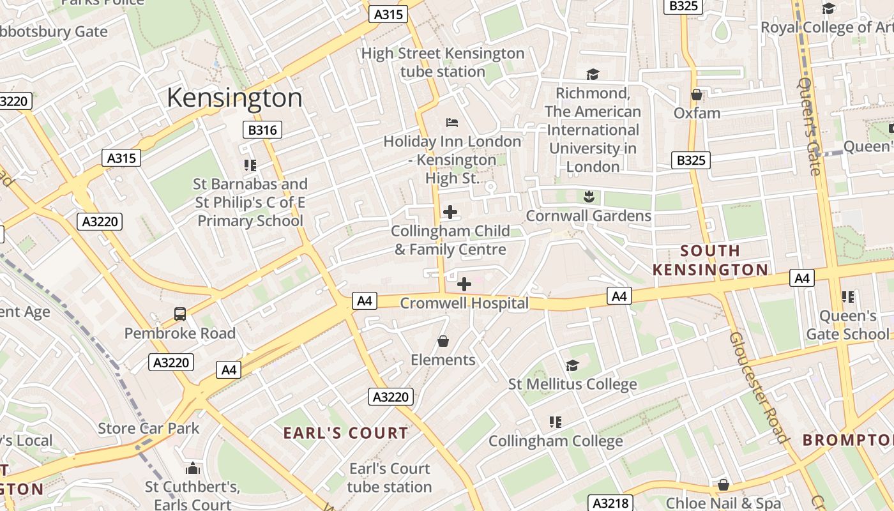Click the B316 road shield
click(x=262, y=130)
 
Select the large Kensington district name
click(x=234, y=98)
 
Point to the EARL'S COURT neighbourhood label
click(x=345, y=433)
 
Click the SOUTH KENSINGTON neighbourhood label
click(x=710, y=260)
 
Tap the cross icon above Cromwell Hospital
click(x=464, y=284)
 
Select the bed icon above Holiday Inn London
click(x=452, y=122)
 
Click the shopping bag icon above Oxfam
click(x=697, y=95)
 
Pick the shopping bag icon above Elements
click(x=443, y=342)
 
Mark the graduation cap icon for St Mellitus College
click(x=572, y=365)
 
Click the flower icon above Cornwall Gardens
click(x=589, y=196)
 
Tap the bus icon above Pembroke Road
click(x=180, y=314)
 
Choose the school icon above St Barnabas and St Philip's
click(x=250, y=165)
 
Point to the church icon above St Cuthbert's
click(x=192, y=468)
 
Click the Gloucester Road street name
click(x=758, y=387)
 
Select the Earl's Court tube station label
click(x=390, y=478)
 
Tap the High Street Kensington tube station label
click(x=443, y=63)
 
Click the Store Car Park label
click(x=149, y=428)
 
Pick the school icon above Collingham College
click(x=556, y=422)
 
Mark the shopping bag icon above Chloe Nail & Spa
click(x=723, y=485)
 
